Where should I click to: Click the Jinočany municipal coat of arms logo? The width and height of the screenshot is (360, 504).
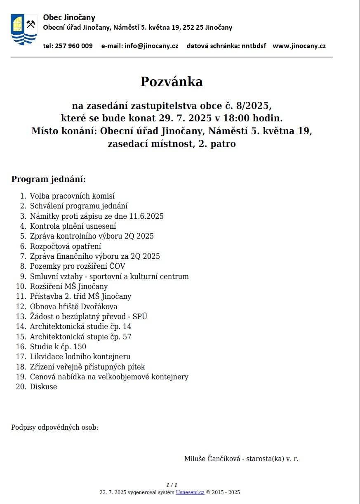tap(24, 29)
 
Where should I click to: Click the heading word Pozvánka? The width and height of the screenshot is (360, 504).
tap(172, 82)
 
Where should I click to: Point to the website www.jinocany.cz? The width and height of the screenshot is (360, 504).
tap(299, 46)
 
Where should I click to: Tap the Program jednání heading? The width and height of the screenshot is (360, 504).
tap(49, 179)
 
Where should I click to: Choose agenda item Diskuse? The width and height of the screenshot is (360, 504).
tap(43, 387)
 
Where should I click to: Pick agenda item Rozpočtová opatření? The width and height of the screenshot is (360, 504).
tap(65, 246)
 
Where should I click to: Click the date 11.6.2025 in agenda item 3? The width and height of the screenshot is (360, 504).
tap(146, 216)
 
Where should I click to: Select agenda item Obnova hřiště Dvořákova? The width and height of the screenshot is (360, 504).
tap(73, 307)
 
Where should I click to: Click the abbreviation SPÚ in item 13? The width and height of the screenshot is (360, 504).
tap(140, 317)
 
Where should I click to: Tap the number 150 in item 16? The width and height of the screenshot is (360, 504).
tap(79, 347)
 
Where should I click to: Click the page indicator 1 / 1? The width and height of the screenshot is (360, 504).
tap(172, 485)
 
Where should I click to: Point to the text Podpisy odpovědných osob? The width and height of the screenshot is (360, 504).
tap(54, 427)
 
